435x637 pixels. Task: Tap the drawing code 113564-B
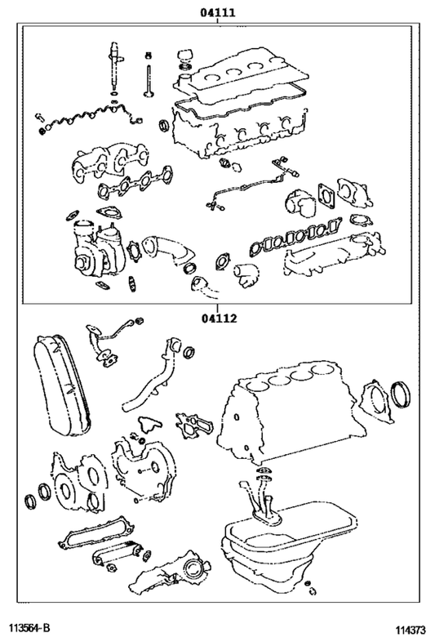[x=29, y=627]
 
